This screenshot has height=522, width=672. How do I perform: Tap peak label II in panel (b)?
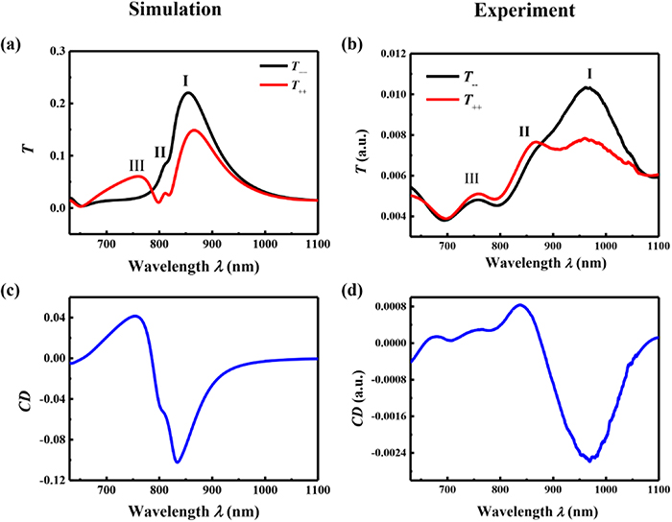524,131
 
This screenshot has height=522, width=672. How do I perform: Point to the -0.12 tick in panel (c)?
51,479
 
